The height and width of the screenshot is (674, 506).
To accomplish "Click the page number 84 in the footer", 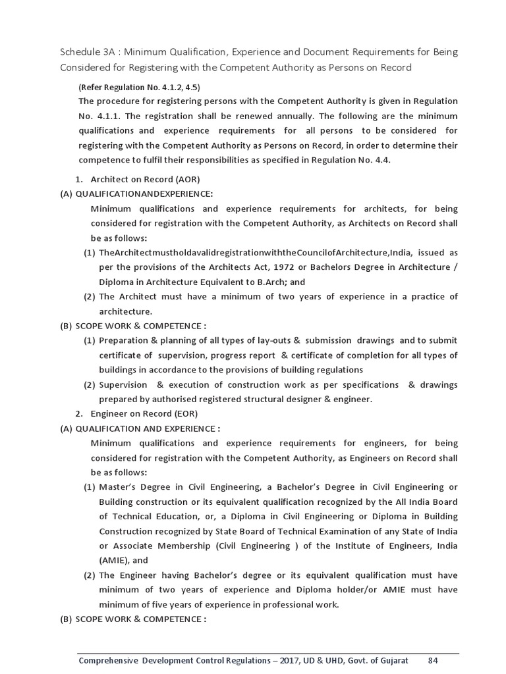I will pyautogui.click(x=433, y=660).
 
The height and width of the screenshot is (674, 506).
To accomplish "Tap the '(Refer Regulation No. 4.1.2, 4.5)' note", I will pyautogui.click(x=139, y=87).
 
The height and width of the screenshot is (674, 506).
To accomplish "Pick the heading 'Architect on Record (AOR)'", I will pyautogui.click(x=145, y=178).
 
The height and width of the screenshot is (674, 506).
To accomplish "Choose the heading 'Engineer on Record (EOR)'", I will pyautogui.click(x=144, y=413).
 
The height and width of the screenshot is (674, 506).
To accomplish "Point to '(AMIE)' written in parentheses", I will pyautogui.click(x=115, y=560).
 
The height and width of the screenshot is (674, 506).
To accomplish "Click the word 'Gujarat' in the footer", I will pyautogui.click(x=391, y=660).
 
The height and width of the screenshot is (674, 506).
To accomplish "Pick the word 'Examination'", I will pyautogui.click(x=331, y=531).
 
